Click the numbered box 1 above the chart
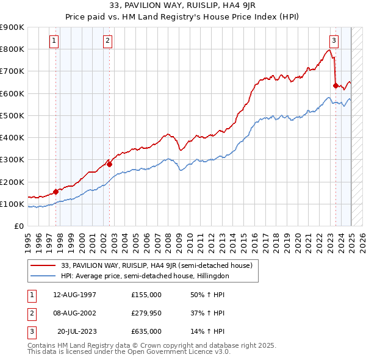[54, 41]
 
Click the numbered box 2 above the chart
[107, 41]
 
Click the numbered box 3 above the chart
[334, 41]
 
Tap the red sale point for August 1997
[56, 192]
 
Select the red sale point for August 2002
[109, 164]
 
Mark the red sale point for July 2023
[335, 85]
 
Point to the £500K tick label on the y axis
[12, 115]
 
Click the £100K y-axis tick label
[12, 204]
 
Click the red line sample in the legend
[44, 265]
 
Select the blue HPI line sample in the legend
[44, 276]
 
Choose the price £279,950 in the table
[146, 314]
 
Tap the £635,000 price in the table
[146, 332]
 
